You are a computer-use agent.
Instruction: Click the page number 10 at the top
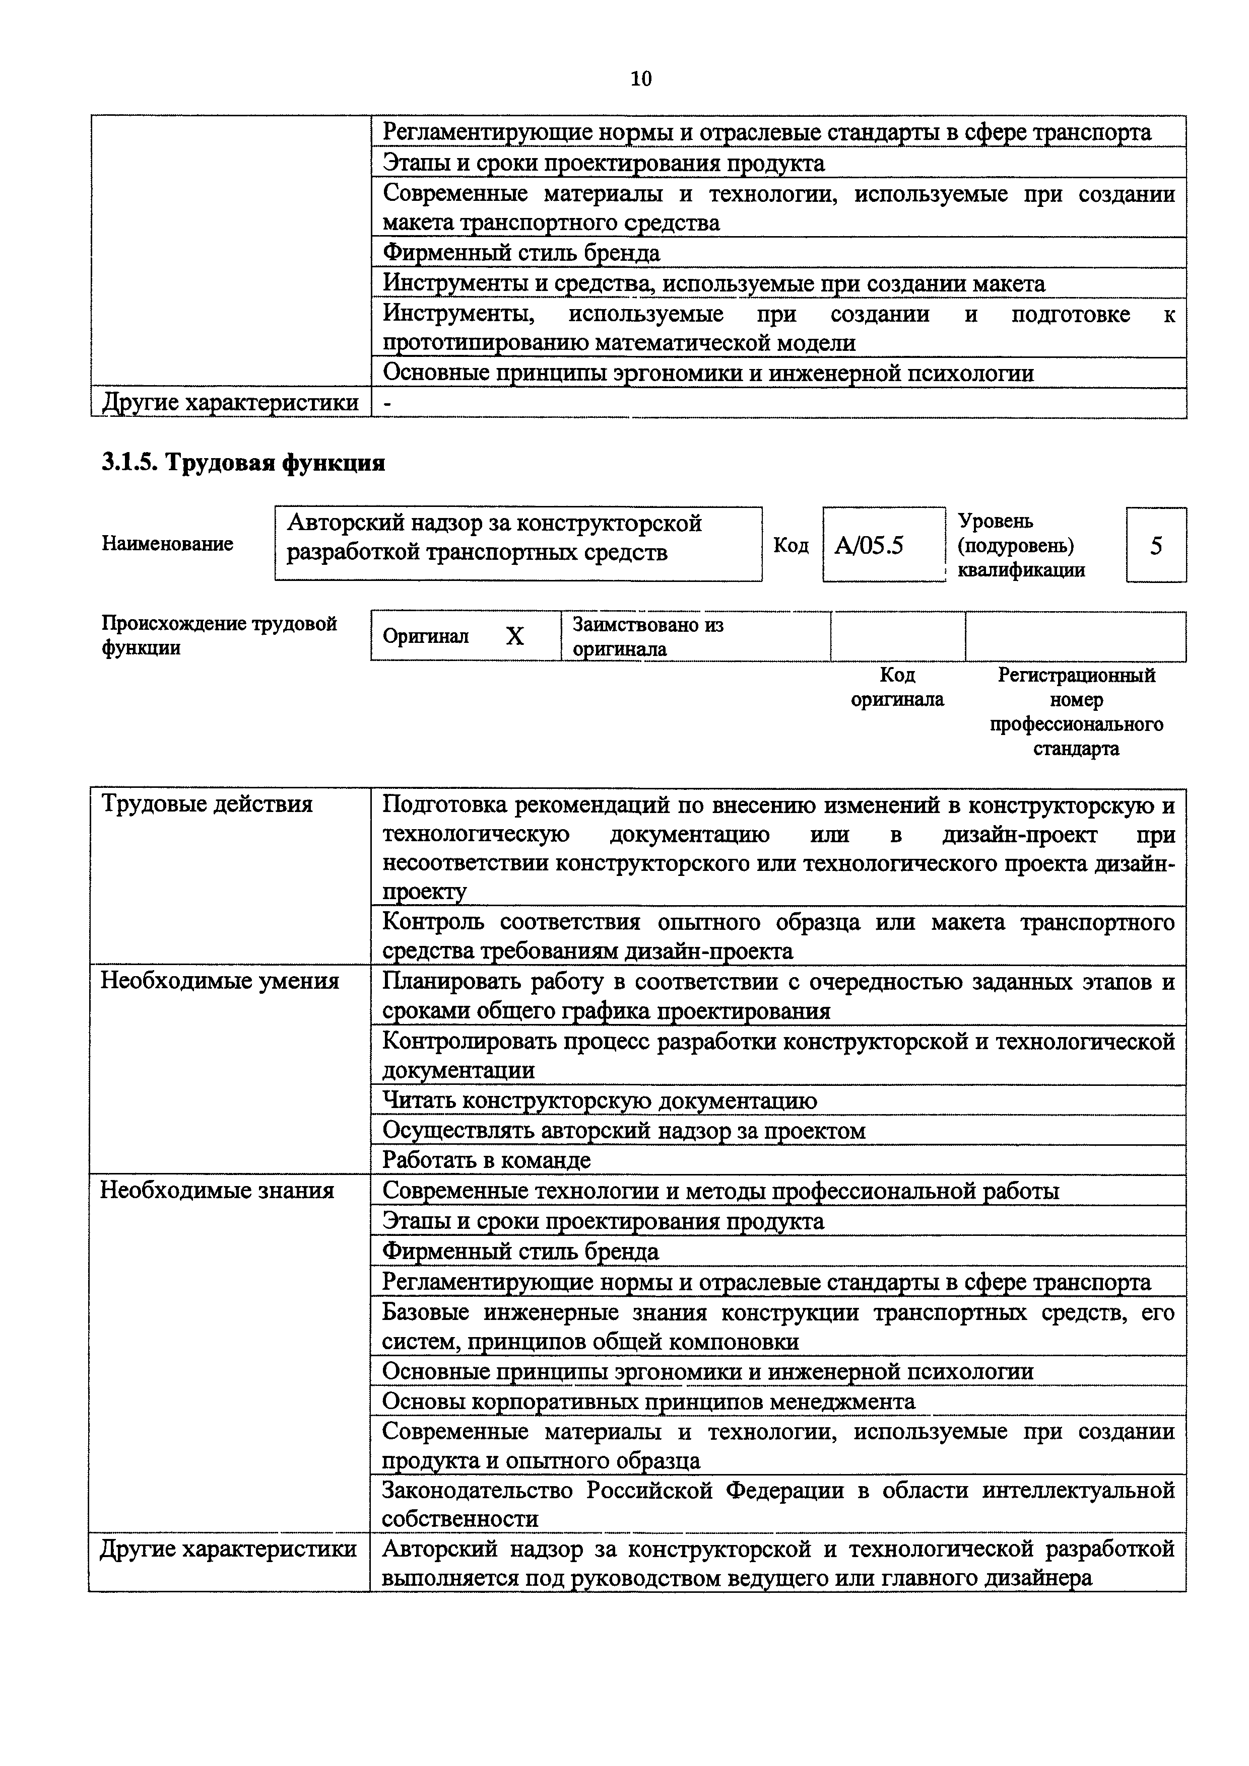click(x=640, y=79)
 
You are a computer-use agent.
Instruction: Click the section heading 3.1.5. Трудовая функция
click(x=243, y=463)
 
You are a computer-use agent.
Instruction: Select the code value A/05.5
click(x=869, y=545)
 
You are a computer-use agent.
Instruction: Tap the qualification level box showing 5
click(x=1155, y=545)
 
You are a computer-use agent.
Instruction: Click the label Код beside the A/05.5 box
click(x=791, y=545)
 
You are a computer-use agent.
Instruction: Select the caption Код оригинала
click(x=897, y=687)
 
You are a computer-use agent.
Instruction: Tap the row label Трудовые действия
click(x=207, y=804)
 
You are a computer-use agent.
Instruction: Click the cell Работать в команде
click(x=486, y=1160)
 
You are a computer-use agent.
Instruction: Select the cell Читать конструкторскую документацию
click(x=600, y=1100)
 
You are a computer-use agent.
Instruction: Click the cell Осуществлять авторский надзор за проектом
click(x=623, y=1131)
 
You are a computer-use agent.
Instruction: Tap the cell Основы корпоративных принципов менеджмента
click(x=648, y=1402)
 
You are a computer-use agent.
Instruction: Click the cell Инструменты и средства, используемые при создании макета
click(x=713, y=284)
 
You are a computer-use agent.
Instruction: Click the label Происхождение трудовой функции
click(x=219, y=635)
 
